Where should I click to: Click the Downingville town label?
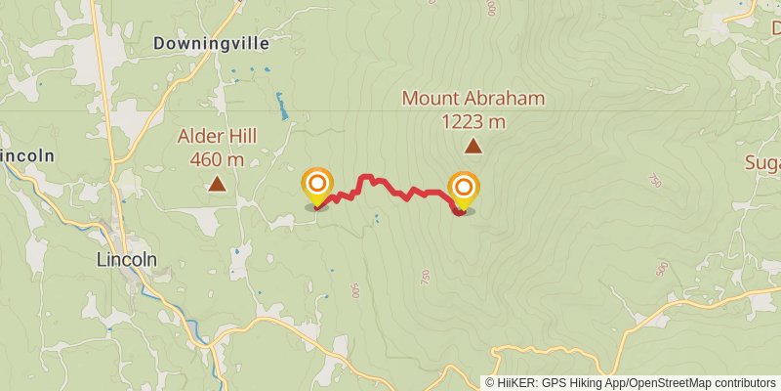[x=211, y=44]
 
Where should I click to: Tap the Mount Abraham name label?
[x=473, y=99]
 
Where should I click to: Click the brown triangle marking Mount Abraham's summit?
[x=473, y=147]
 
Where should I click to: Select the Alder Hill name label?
[x=217, y=136]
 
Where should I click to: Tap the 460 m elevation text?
[x=217, y=158]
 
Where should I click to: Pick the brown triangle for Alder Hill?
[x=217, y=184]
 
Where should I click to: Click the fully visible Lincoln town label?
[x=127, y=260]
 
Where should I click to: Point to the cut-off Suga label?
[x=762, y=162]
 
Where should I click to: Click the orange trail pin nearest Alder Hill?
[x=317, y=186]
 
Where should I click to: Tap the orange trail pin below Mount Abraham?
[x=464, y=189]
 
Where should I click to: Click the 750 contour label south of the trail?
[x=426, y=278]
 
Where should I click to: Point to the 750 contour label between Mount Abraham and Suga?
[x=655, y=181]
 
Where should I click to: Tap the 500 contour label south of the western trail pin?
[x=353, y=290]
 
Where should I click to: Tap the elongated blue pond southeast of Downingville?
[x=282, y=106]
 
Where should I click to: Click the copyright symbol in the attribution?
[x=490, y=383]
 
